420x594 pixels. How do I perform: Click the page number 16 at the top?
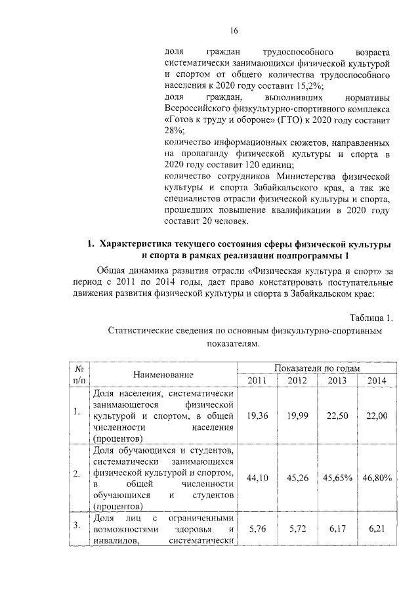tap(233, 30)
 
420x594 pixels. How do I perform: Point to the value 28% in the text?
tap(172, 132)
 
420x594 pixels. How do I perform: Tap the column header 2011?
tap(257, 381)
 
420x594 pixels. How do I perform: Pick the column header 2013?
tap(337, 381)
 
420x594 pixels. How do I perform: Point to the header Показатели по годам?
tap(318, 369)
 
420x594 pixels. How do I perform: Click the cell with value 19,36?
tap(257, 415)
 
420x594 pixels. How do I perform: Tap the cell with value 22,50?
tap(337, 415)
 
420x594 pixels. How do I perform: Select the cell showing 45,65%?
tap(337, 478)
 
